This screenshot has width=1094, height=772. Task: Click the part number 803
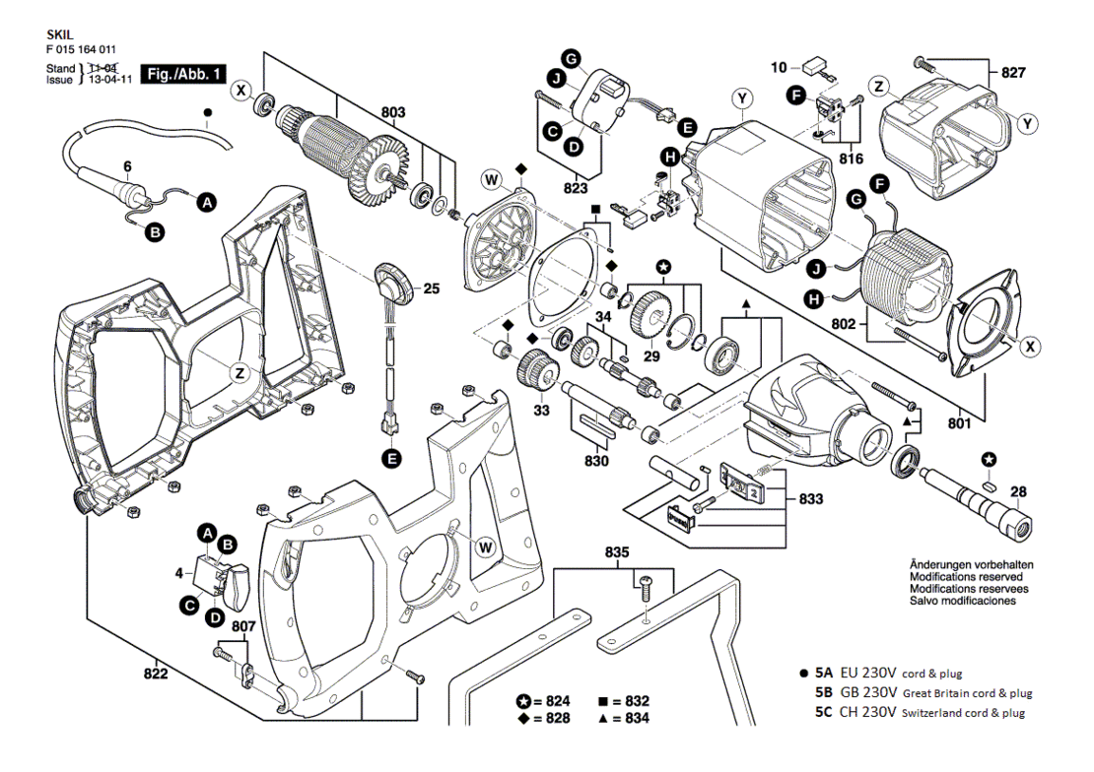(393, 112)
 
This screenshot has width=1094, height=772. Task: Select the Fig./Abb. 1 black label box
(183, 73)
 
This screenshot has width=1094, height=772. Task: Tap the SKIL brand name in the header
(60, 34)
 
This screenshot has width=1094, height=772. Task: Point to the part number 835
(617, 552)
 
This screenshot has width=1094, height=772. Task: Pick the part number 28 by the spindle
(1019, 491)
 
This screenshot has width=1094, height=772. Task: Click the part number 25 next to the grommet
(432, 288)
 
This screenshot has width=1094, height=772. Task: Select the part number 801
(959, 422)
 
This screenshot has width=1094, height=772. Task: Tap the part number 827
(1013, 73)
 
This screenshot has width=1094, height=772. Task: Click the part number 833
(811, 498)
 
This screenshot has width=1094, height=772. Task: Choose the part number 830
(596, 461)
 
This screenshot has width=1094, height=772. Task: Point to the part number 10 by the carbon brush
(779, 67)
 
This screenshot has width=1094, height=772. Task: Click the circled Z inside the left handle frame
(240, 374)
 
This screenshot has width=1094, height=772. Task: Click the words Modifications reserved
(966, 577)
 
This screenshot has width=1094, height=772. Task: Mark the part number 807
(243, 627)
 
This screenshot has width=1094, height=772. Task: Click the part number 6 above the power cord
(128, 166)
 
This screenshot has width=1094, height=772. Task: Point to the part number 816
(851, 159)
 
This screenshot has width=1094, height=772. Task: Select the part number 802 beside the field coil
(844, 324)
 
